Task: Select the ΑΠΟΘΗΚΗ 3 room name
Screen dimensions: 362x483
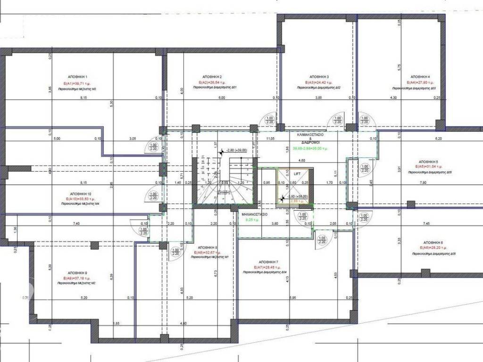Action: tap(319, 76)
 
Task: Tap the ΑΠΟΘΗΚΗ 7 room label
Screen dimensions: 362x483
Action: tap(268, 262)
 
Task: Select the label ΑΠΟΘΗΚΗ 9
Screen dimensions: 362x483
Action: tap(77, 273)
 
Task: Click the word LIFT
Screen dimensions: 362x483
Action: tap(297, 173)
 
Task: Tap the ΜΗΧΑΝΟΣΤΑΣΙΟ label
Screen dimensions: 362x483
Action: tap(255, 214)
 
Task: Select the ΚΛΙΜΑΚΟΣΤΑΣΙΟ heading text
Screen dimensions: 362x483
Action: tap(309, 134)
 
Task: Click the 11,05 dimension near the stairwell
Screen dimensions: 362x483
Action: tap(270, 139)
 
